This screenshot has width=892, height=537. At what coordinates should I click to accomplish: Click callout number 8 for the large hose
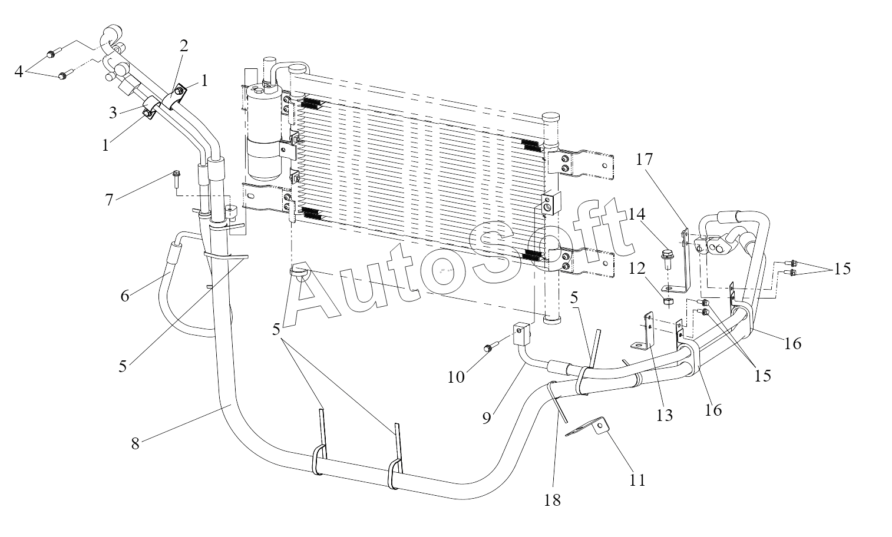(136, 443)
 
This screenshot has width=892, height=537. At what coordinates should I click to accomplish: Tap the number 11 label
(637, 480)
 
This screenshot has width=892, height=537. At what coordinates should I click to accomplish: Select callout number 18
(552, 500)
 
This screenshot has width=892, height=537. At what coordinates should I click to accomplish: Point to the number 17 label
(644, 160)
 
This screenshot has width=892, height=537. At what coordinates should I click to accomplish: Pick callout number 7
(109, 199)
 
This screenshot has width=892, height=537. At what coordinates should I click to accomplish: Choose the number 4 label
(19, 71)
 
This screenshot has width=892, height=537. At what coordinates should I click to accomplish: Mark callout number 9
(487, 418)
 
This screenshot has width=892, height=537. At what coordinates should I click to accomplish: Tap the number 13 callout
(665, 416)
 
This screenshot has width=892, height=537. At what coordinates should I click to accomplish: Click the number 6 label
(124, 295)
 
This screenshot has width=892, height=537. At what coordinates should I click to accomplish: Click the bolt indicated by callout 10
(488, 350)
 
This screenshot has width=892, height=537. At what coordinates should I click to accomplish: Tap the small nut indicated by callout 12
(668, 302)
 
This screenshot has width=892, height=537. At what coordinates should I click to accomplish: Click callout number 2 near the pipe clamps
(184, 47)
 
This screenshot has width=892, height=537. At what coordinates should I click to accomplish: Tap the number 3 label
(113, 112)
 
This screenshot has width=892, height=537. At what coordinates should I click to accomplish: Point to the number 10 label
(456, 377)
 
